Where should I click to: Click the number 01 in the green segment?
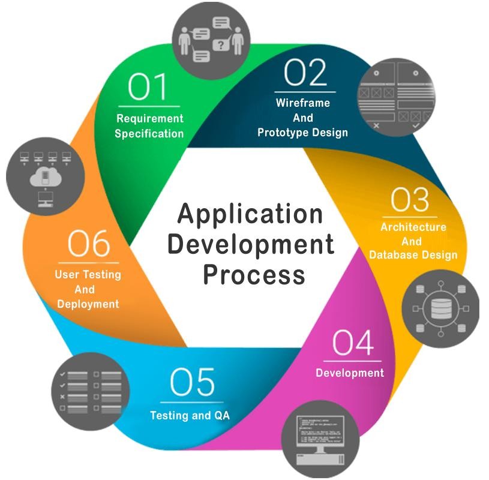(x=147, y=87)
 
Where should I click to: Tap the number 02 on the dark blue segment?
(x=305, y=73)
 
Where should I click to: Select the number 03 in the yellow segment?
(x=410, y=200)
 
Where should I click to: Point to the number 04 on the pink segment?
(x=353, y=343)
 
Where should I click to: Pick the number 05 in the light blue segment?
(x=192, y=382)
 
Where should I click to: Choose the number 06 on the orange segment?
(x=89, y=243)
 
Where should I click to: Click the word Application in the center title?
(x=250, y=215)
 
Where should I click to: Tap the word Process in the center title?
(x=254, y=275)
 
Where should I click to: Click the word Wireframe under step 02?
(x=303, y=103)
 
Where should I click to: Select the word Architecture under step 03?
(x=413, y=227)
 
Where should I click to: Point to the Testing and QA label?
(x=190, y=415)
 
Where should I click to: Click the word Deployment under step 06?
(x=88, y=304)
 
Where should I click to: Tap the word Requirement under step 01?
(x=150, y=119)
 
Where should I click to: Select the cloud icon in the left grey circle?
(x=46, y=176)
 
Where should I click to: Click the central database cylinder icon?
(x=441, y=309)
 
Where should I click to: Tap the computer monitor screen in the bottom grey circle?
(x=320, y=430)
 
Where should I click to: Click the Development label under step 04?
(x=350, y=373)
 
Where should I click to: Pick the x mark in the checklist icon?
(x=62, y=397)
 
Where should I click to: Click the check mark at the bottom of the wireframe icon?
(x=416, y=125)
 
